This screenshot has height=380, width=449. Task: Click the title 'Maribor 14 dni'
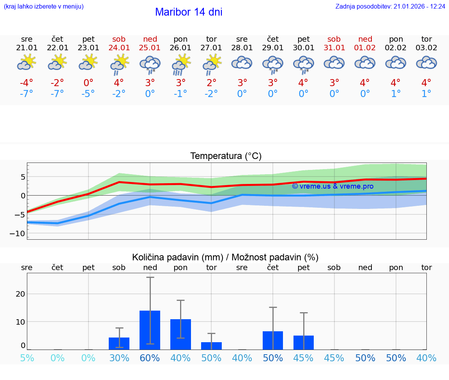[189, 12]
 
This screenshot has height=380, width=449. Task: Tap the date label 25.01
[150, 48]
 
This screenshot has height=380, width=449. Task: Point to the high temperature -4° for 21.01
[27, 83]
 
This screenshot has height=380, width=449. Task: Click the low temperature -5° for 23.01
[88, 94]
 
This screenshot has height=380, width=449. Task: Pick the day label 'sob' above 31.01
[334, 39]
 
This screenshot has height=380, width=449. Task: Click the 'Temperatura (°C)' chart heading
[226, 156]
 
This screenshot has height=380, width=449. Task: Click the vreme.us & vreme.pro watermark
[332, 186]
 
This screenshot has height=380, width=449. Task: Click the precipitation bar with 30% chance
[119, 343]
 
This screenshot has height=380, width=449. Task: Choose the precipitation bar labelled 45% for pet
[304, 342]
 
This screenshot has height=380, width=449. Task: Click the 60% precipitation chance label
[150, 358]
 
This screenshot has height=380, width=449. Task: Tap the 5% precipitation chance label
[27, 358]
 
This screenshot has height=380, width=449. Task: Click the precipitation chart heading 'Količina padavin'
[225, 257]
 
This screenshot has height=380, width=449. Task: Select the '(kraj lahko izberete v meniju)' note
[44, 7]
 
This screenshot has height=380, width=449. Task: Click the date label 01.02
[365, 48]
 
